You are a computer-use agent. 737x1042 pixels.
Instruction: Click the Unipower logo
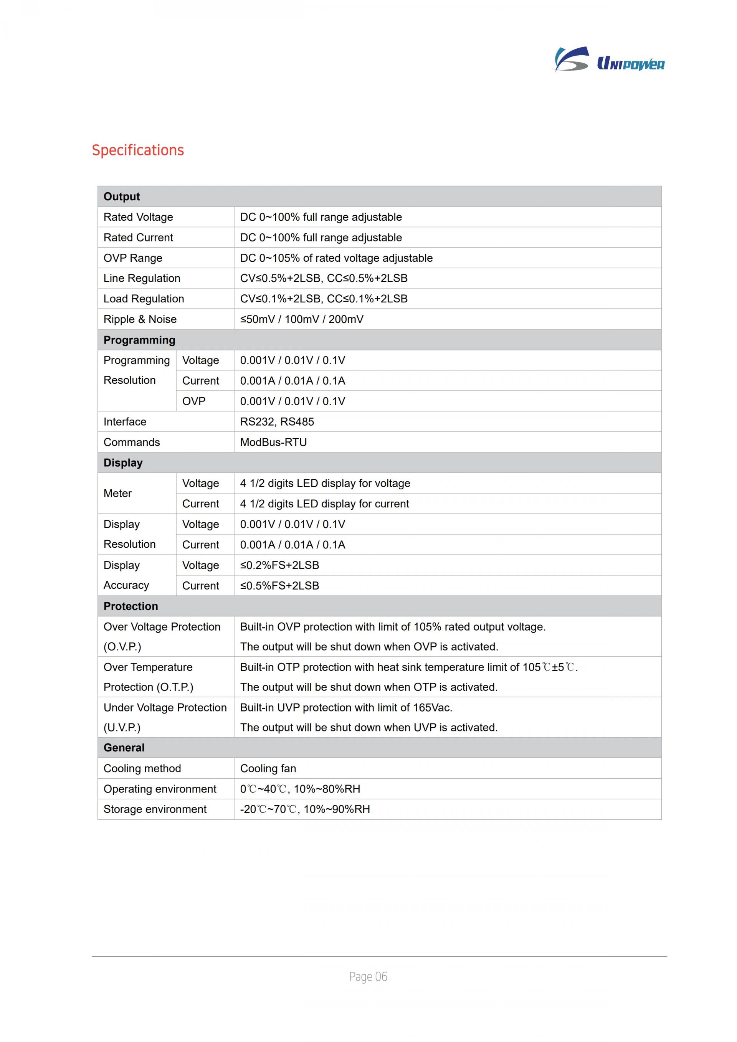(x=609, y=60)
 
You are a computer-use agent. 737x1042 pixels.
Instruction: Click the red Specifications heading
(x=137, y=150)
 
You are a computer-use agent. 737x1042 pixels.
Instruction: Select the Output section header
(x=122, y=197)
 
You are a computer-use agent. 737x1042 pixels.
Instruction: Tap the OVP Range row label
(x=132, y=258)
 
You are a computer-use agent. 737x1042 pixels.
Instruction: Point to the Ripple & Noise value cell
(x=301, y=319)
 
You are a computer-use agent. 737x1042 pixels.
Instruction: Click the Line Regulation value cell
(x=324, y=278)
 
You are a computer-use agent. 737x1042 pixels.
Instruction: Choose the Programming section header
(x=139, y=340)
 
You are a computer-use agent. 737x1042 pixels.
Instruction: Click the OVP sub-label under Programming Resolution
(x=194, y=401)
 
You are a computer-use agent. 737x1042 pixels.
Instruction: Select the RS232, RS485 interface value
(x=277, y=422)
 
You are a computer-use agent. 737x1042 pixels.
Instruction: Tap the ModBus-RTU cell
(x=273, y=442)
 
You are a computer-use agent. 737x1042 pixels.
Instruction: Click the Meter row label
(x=117, y=493)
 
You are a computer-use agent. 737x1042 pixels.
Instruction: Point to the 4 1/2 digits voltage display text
(x=325, y=483)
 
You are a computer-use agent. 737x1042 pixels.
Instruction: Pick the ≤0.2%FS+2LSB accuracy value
(x=279, y=565)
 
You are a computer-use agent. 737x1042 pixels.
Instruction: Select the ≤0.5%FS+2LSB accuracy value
(x=279, y=585)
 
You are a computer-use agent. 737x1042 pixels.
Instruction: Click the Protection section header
(x=131, y=606)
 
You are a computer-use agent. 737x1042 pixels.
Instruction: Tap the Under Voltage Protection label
(x=165, y=708)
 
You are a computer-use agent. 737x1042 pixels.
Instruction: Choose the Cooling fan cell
(x=268, y=768)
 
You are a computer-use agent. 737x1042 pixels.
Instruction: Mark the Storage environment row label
(x=155, y=809)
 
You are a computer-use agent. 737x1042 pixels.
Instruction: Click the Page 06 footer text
(x=368, y=977)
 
